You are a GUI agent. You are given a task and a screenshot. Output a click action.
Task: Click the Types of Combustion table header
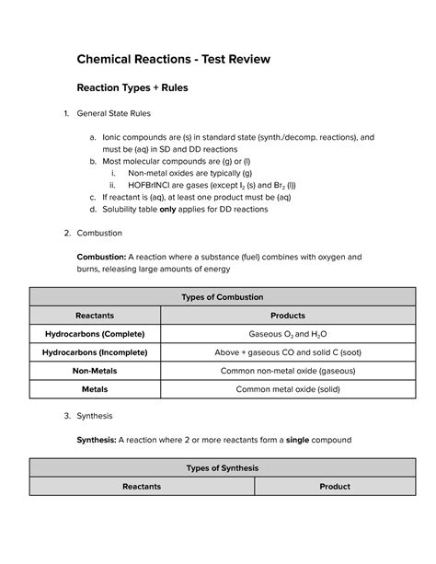[x=219, y=297]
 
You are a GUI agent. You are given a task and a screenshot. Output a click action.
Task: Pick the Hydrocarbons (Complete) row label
[x=94, y=332]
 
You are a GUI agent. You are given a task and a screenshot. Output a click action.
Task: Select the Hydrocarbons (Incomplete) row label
[x=94, y=351]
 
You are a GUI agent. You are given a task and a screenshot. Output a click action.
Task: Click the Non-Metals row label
[x=94, y=371]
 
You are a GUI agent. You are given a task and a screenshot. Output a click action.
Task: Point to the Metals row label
[x=94, y=389]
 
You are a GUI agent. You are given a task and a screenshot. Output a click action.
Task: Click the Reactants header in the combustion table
[x=94, y=315]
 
